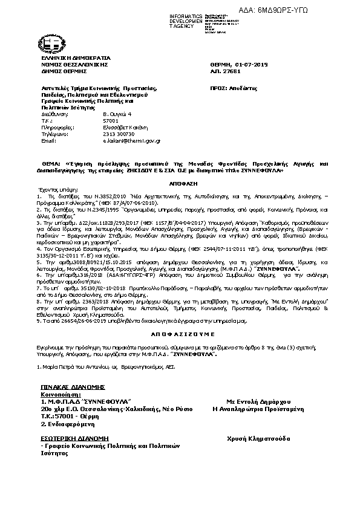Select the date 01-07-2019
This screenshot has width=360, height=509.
[x=252, y=64]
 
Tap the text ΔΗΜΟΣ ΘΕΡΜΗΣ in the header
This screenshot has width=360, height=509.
[x=59, y=71]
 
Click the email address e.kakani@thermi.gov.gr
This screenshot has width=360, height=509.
[x=131, y=140]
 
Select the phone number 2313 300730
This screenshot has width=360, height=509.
[x=119, y=134]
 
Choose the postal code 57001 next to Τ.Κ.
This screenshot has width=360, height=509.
[x=111, y=121]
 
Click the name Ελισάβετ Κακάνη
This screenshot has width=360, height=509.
[x=123, y=128]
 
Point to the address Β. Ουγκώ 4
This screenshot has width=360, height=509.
[x=116, y=114]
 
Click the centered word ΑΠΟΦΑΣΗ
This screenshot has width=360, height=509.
[x=180, y=180]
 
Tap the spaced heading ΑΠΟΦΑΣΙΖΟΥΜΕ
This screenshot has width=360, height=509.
[x=180, y=333]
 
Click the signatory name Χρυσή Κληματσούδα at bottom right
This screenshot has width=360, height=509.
[x=258, y=438]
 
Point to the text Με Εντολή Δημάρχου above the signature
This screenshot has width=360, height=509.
[x=258, y=401]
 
